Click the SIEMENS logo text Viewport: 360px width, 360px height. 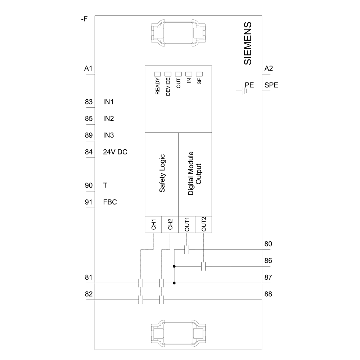[248, 44]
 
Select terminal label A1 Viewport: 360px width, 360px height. [89, 68]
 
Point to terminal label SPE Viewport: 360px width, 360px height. [271, 85]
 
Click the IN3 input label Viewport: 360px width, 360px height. [109, 135]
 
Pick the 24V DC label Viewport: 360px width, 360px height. [115, 152]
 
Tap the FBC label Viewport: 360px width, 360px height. [110, 202]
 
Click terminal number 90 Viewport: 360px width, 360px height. [89, 185]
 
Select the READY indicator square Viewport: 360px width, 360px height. [157, 75]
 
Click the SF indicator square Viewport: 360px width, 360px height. [199, 75]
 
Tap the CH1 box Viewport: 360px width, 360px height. [153, 224]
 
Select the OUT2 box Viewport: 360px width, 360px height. [203, 224]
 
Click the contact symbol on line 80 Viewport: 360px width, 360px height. [187, 250]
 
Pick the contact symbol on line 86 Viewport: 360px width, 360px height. [203, 266]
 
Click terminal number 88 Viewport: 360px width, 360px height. [268, 294]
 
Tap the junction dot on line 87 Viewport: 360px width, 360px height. [174, 283]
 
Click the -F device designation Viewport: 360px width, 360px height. [84, 19]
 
